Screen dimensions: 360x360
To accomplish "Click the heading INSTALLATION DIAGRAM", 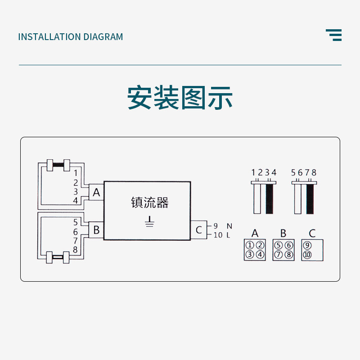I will point(70,37).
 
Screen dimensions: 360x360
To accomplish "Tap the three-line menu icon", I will point(334,35).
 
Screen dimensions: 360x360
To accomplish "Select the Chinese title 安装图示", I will point(180,98).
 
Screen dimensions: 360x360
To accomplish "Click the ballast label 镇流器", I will point(150,202).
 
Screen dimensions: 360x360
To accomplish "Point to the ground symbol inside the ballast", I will point(150,221).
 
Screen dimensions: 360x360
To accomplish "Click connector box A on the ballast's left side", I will point(96,193).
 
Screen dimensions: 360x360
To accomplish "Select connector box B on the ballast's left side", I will point(96,230).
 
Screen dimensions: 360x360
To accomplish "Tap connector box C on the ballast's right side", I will point(198,230).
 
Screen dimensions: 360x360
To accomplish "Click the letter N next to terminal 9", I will point(229,226).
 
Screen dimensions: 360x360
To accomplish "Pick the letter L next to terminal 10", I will point(229,235).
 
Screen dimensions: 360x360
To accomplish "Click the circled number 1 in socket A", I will point(249,245).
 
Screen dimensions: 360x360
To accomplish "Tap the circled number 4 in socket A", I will point(260,255).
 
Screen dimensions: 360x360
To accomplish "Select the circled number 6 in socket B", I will point(288,245).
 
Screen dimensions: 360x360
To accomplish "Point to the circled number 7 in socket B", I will point(278,255).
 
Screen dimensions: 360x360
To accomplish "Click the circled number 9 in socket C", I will point(307,245).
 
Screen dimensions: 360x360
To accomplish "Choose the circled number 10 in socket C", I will point(307,255).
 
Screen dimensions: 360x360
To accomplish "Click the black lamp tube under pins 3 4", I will point(270,198).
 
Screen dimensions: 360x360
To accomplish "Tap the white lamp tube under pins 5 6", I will point(297,198).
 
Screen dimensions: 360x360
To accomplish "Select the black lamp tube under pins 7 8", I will point(310,198).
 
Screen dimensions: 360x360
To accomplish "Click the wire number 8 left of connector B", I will point(76,249).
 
